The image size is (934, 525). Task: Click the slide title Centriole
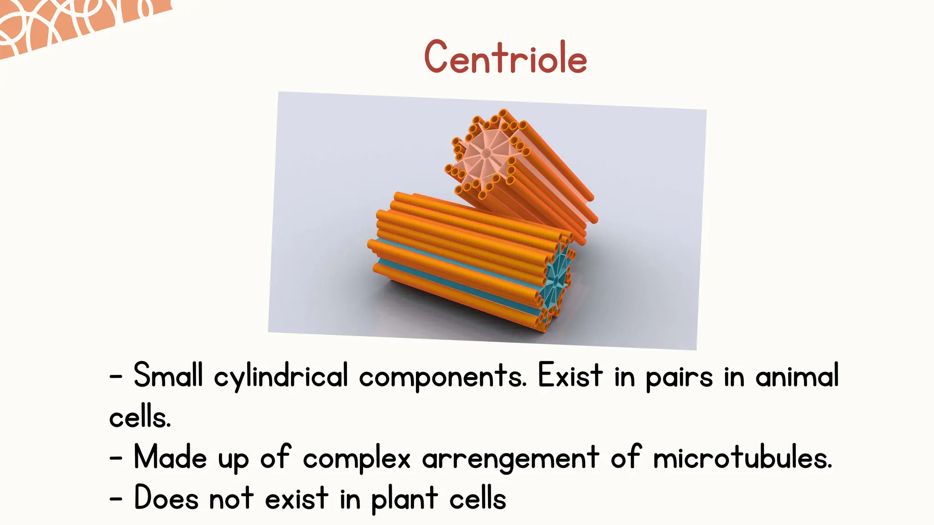[505, 57]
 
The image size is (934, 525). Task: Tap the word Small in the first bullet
[167, 376]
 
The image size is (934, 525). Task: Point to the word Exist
[570, 376]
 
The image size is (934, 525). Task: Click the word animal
[797, 376]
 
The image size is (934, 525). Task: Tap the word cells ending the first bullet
[140, 417]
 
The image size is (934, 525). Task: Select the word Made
[170, 458]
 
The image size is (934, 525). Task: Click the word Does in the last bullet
[166, 498]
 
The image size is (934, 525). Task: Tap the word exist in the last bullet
[296, 498]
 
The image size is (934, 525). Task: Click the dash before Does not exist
[116, 499]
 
